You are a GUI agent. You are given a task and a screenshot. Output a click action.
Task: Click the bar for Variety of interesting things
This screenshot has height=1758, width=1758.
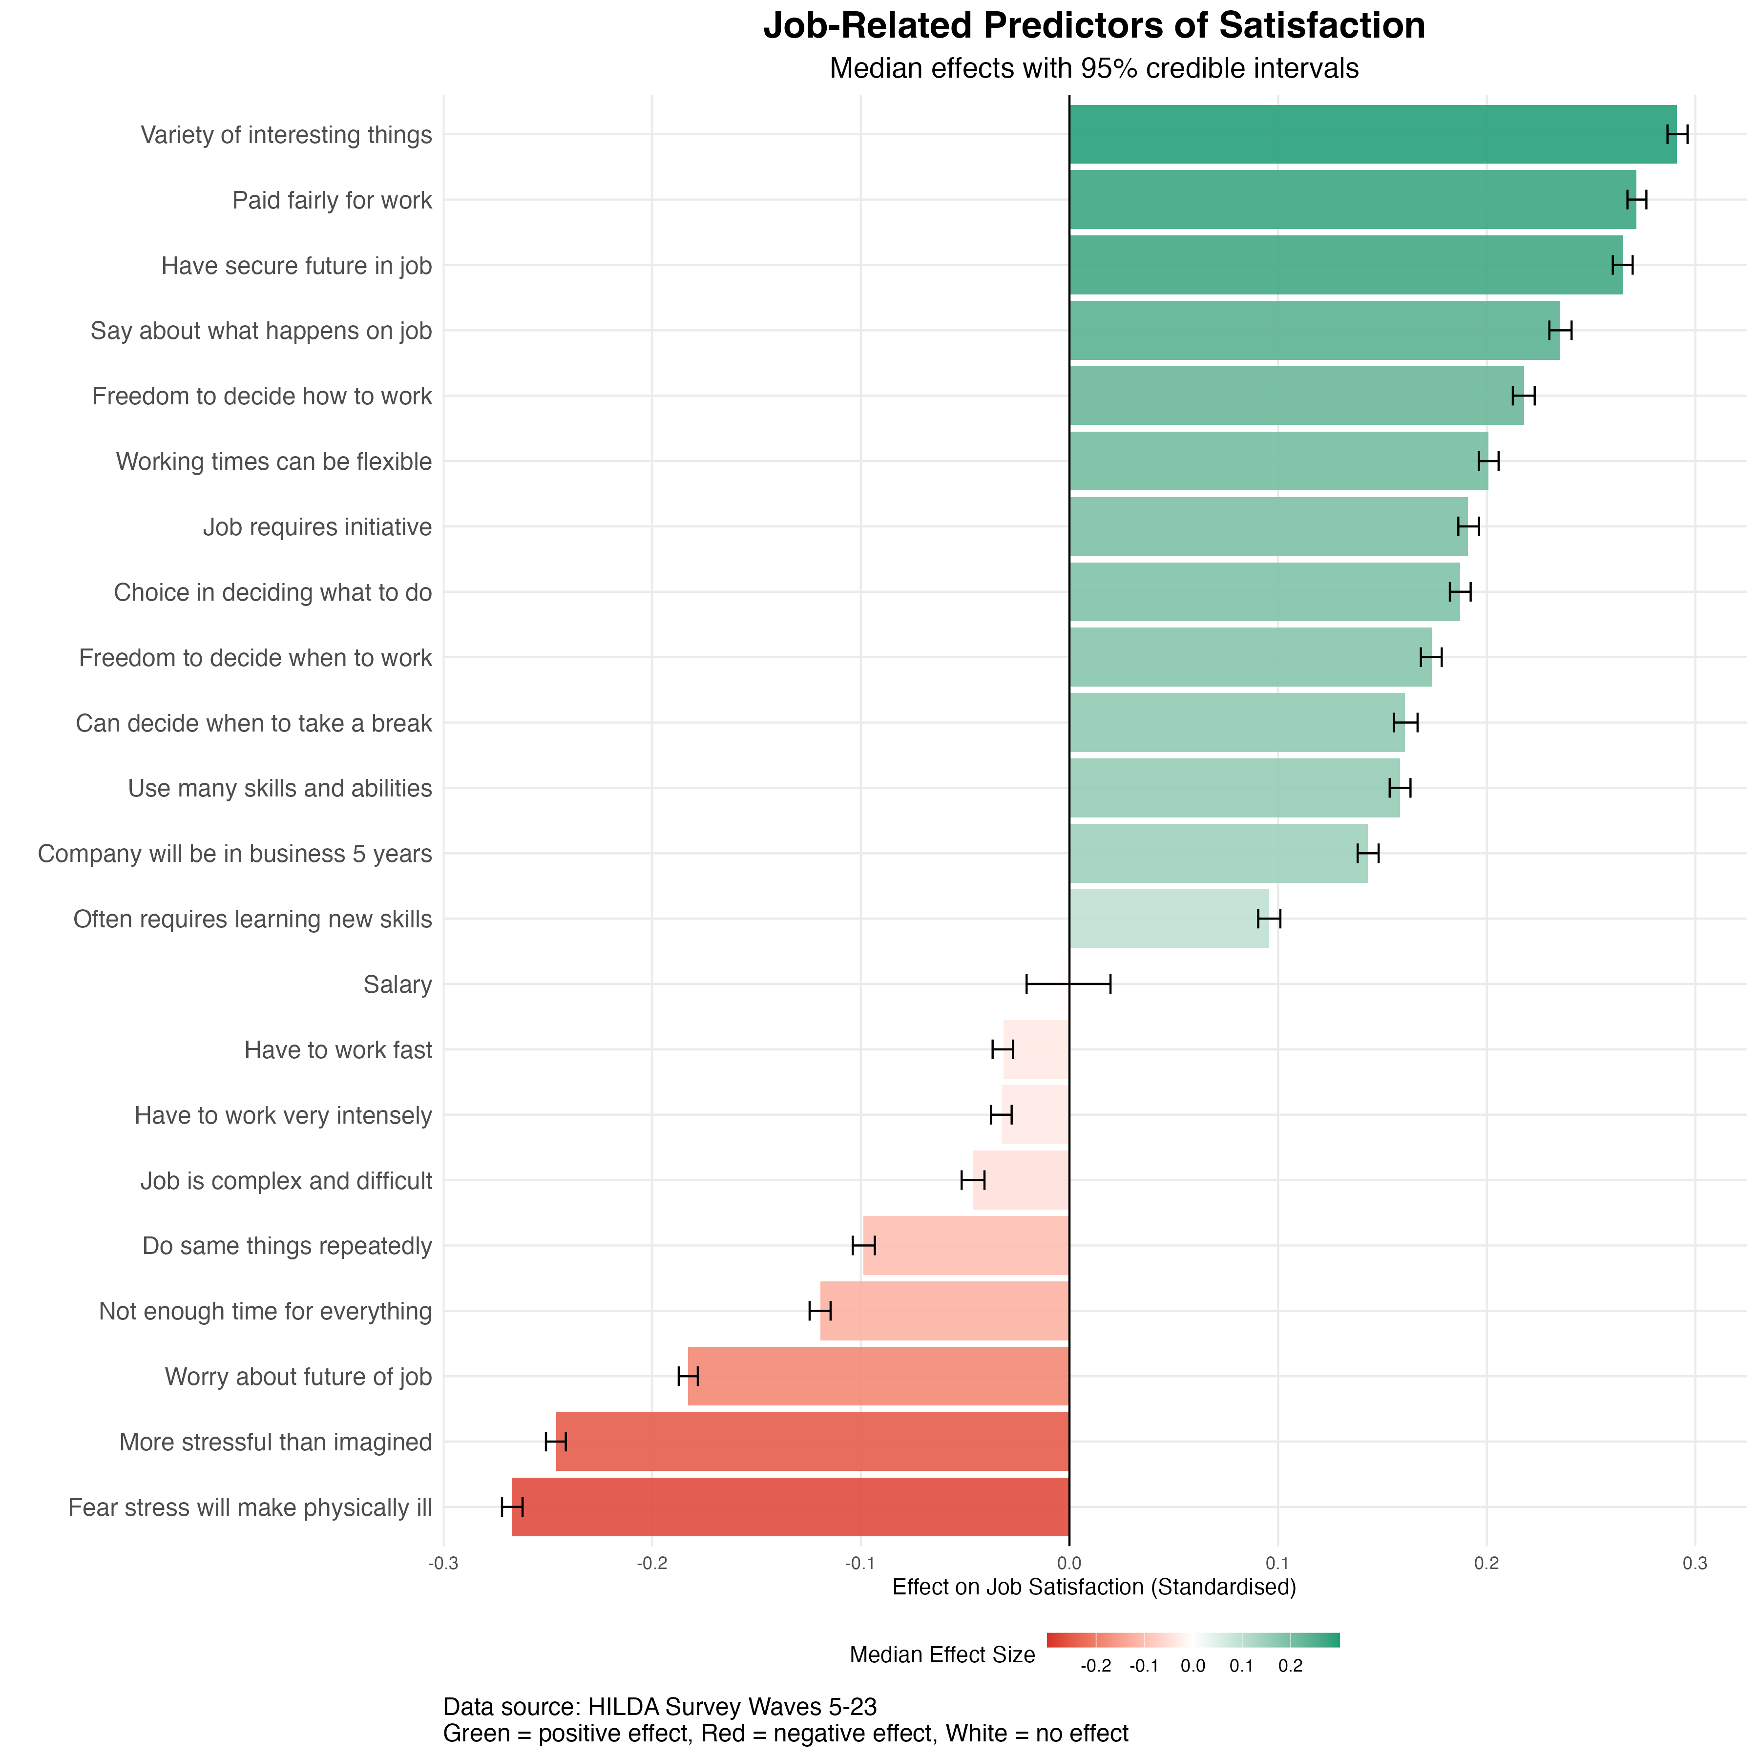point(1372,135)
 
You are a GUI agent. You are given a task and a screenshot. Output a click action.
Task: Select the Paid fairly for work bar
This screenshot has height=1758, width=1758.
point(1352,200)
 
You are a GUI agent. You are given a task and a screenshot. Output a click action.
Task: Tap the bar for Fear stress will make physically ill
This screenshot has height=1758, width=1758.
point(790,1507)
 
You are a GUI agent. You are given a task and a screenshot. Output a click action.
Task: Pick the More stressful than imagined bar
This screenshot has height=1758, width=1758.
point(812,1442)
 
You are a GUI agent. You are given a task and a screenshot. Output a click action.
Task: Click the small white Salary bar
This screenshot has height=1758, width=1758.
point(1064,984)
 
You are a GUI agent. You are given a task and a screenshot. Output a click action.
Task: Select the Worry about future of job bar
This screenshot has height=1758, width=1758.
point(878,1376)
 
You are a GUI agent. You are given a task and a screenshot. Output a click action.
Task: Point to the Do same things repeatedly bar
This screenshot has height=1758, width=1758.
point(965,1246)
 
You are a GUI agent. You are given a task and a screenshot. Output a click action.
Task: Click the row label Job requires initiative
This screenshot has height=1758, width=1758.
point(316,527)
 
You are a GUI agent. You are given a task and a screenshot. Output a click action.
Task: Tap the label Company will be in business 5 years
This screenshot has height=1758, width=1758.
point(235,854)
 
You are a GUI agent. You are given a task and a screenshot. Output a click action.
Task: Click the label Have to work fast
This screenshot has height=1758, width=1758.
point(337,1050)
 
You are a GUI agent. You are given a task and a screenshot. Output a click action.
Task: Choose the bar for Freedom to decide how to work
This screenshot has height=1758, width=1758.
point(1297,396)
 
